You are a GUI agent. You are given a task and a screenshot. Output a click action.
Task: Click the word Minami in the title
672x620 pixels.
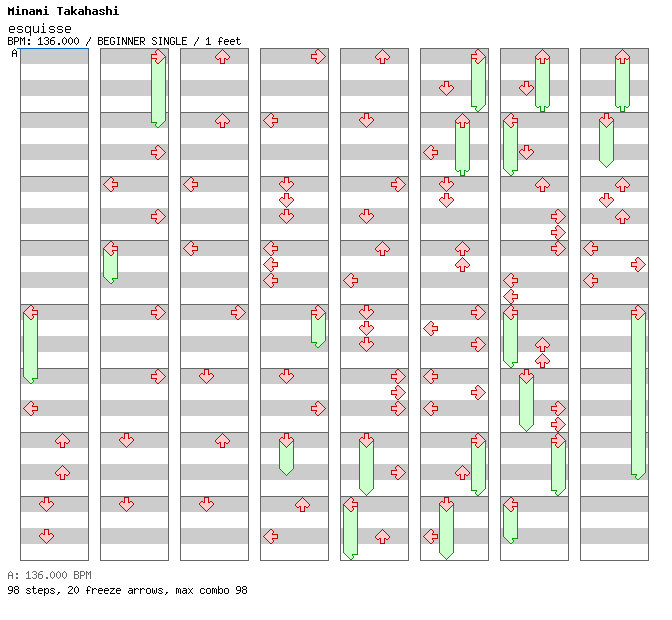31,11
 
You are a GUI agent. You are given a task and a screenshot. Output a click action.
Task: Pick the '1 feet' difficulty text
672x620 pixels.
223,42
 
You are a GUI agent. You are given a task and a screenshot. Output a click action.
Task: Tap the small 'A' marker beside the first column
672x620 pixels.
14,54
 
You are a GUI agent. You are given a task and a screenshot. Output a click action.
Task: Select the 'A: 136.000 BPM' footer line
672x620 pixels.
49,576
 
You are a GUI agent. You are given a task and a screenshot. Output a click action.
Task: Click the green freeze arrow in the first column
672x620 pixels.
30,345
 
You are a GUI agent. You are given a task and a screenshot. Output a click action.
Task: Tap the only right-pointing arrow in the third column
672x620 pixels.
238,313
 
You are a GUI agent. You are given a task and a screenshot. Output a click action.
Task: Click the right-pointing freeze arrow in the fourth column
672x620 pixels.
318,328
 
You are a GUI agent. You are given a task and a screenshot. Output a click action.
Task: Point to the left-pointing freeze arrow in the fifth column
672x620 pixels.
350,530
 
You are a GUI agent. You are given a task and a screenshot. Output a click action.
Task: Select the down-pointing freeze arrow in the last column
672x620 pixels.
606,141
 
